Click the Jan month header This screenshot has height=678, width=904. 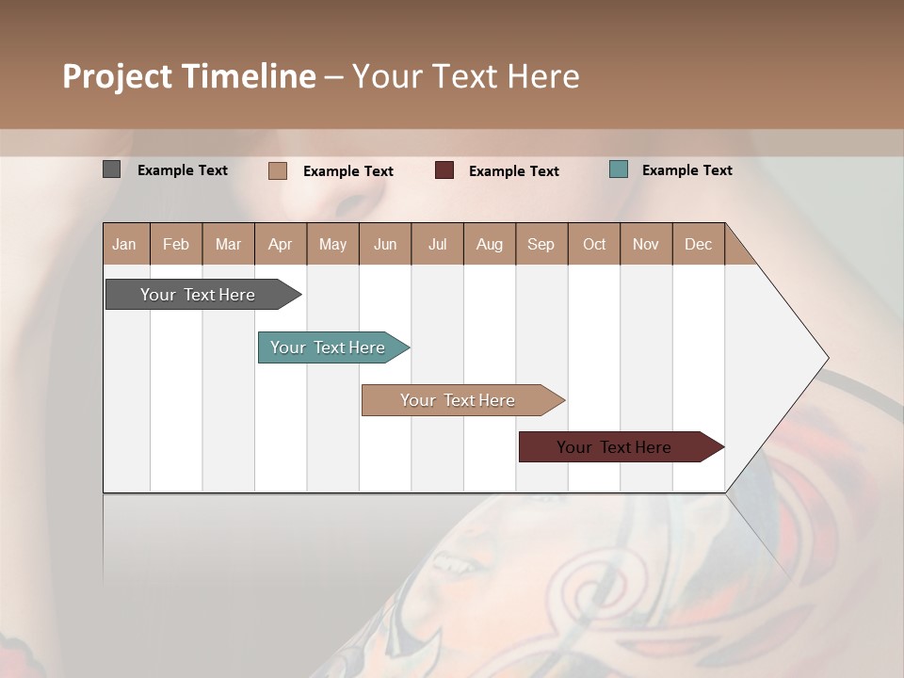click(x=125, y=244)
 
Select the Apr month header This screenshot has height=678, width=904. click(x=281, y=244)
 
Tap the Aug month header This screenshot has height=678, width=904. click(x=490, y=244)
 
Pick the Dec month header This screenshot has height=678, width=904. click(x=699, y=244)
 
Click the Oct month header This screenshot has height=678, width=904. click(x=594, y=244)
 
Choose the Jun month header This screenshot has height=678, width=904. click(x=385, y=244)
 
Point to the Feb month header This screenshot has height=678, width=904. click(x=176, y=244)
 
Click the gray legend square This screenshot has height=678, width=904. click(x=111, y=169)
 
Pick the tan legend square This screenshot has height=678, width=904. click(x=277, y=170)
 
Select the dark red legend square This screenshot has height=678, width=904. click(x=444, y=170)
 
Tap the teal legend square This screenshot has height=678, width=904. click(x=618, y=169)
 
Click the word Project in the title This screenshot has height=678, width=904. click(x=116, y=76)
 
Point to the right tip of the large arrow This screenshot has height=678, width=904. click(x=827, y=358)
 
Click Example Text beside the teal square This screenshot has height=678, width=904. click(x=686, y=169)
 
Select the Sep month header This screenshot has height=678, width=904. click(x=541, y=244)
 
